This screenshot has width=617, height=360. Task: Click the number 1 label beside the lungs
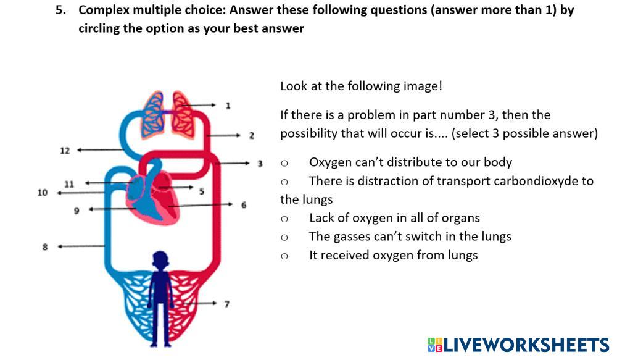pos(228,106)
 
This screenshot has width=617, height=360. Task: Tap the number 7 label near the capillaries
pos(227,304)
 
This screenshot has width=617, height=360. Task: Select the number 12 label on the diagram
pos(65,150)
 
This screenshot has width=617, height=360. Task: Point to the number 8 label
pos(45,246)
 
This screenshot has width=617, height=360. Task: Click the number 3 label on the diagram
pos(260,164)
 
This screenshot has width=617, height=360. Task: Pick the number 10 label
pos(42,193)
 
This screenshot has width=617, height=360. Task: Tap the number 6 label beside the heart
pos(244,204)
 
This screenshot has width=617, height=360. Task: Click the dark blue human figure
pos(160,296)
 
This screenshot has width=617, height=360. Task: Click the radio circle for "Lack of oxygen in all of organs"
pos(284,219)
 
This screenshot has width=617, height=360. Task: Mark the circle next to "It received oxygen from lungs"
pos(284,256)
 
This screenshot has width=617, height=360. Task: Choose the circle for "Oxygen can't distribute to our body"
pos(284,163)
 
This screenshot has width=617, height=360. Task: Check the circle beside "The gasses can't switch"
pos(284,237)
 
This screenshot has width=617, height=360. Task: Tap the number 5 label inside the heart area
pos(201,191)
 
